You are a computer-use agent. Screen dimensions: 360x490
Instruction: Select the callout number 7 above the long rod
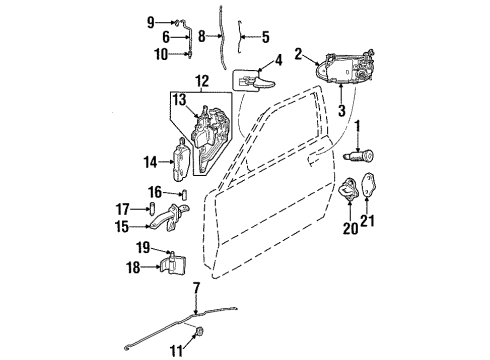click(x=197, y=289)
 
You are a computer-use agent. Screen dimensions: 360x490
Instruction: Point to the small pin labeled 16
click(x=185, y=192)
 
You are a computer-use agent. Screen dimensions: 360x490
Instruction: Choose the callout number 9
click(x=151, y=21)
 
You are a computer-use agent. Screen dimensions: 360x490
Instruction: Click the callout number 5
click(x=265, y=37)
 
